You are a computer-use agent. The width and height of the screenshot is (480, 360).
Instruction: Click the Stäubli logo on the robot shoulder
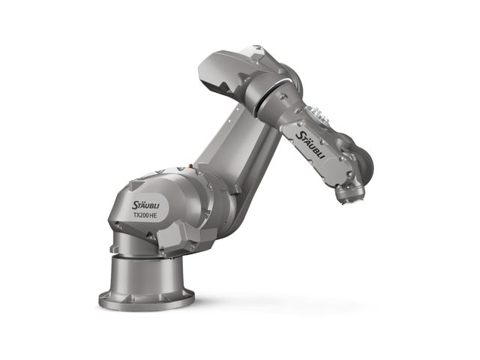(x=145, y=205)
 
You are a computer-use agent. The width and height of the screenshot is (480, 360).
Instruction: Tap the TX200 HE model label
(x=145, y=215)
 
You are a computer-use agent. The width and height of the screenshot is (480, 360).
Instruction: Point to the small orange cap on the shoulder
(x=190, y=166)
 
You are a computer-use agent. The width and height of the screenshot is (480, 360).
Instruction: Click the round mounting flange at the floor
(x=146, y=298)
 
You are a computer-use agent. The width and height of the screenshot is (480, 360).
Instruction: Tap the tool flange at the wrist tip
(x=350, y=193)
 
